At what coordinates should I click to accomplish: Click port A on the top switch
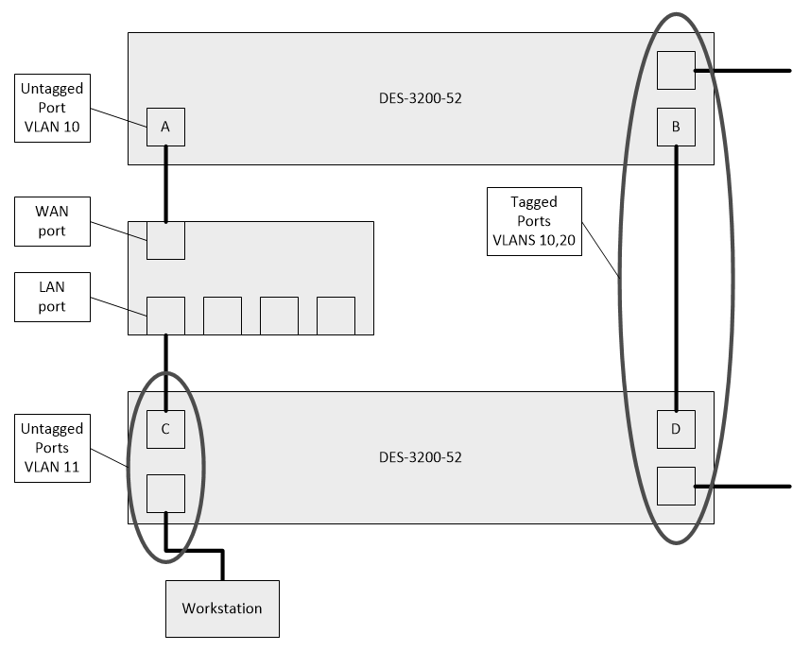(x=165, y=127)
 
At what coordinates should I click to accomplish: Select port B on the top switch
(x=676, y=127)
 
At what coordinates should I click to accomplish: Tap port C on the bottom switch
(x=165, y=429)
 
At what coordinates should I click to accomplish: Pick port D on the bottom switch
(x=676, y=429)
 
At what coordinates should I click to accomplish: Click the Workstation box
(x=222, y=608)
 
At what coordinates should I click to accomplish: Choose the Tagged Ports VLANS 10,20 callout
(x=534, y=221)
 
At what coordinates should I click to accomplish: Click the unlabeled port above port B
(x=676, y=70)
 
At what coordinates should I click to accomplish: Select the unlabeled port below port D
(x=676, y=486)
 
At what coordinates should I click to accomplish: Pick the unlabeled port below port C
(x=165, y=493)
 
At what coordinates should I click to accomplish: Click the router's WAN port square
(x=165, y=240)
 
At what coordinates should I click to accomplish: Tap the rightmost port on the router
(x=336, y=316)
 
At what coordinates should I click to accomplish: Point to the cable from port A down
(x=165, y=184)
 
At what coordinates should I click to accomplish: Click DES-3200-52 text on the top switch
(x=421, y=97)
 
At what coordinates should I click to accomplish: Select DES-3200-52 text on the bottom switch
(x=421, y=457)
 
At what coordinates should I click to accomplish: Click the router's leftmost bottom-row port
(x=165, y=316)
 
